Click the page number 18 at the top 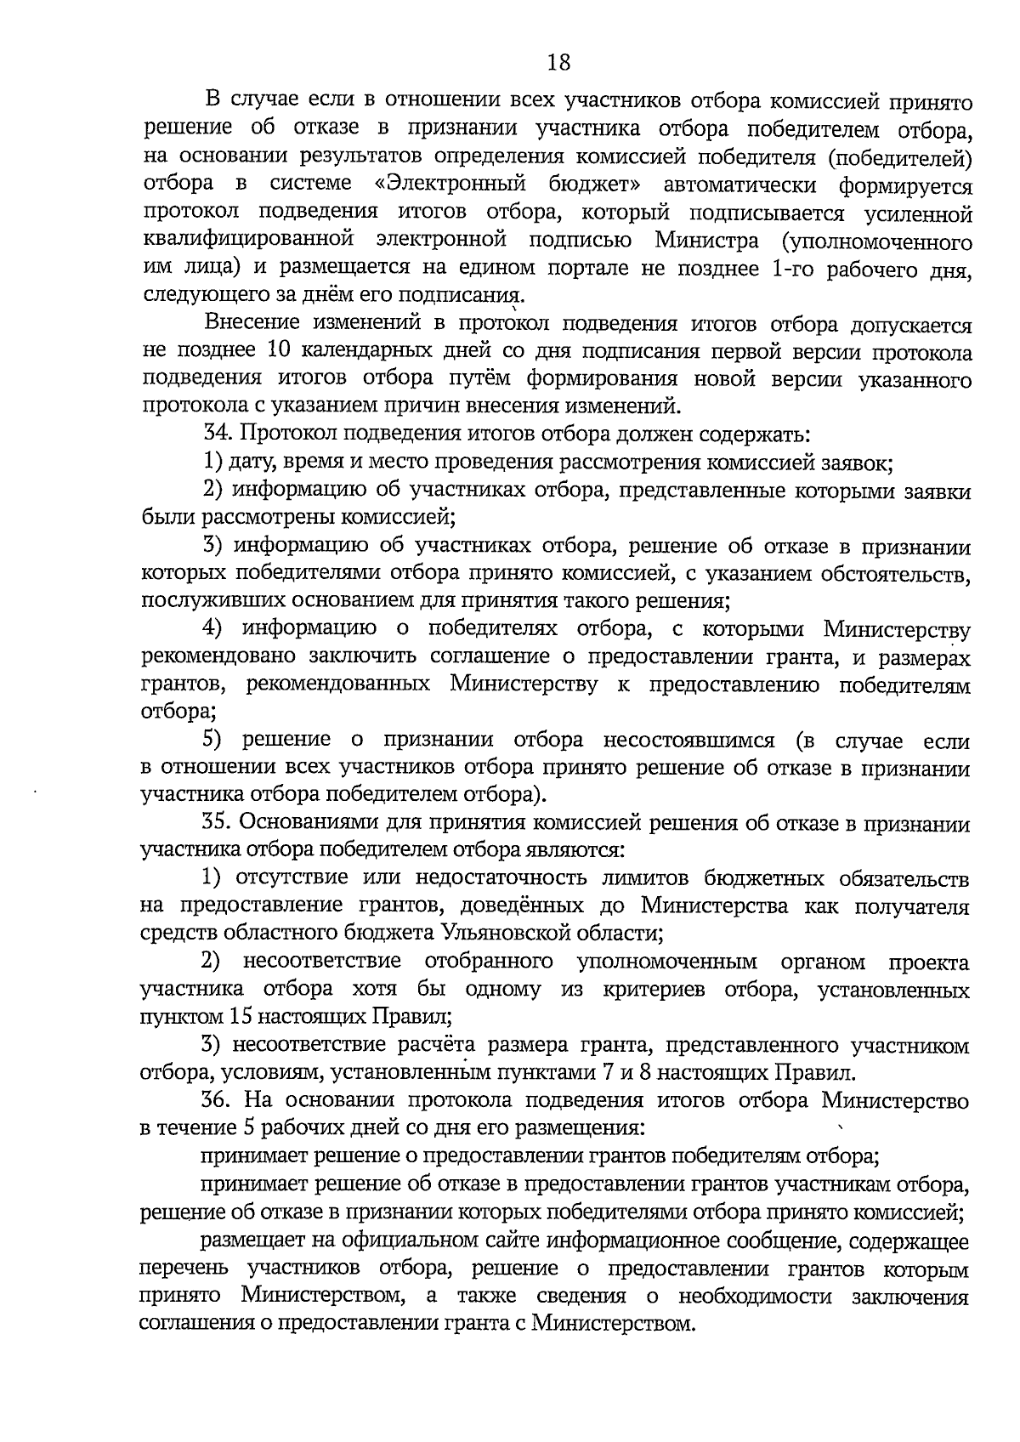pyautogui.click(x=558, y=62)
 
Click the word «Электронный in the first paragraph pyautogui.click(x=451, y=185)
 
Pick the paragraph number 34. pyautogui.click(x=218, y=434)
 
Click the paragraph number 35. pyautogui.click(x=218, y=822)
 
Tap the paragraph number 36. pyautogui.click(x=218, y=1100)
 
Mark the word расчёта pyautogui.click(x=439, y=1045)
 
